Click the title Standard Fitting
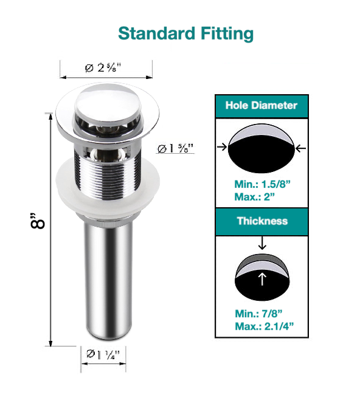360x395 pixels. [x=185, y=33]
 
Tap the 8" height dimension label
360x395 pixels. [x=38, y=222]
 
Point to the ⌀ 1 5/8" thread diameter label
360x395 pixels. [x=175, y=148]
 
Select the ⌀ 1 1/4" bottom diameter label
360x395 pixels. [x=103, y=354]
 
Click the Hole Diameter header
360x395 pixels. [x=261, y=105]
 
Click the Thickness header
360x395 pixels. [x=261, y=221]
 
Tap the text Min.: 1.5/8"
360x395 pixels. [x=261, y=184]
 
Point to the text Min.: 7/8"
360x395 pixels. [x=257, y=314]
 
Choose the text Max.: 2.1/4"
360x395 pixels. [x=264, y=326]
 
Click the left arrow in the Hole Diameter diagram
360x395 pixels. [x=223, y=146]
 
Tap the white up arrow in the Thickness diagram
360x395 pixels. [x=262, y=279]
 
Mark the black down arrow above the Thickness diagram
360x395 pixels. [x=262, y=243]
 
